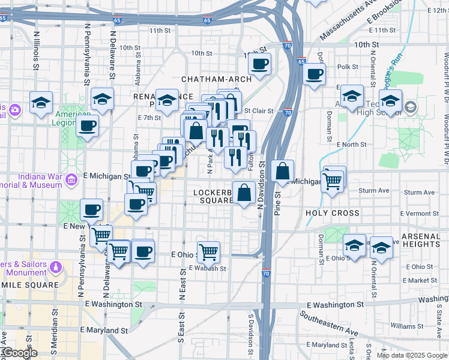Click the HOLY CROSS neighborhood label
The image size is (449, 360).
tap(333, 213)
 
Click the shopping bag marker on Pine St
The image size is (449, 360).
tap(282, 172)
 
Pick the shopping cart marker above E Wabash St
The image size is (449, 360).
tap(208, 252)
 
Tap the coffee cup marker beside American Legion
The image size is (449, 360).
tap(88, 126)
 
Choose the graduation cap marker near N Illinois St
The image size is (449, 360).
tap(41, 103)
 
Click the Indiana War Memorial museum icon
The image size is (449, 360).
tap(71, 180)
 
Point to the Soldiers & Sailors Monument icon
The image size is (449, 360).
tap(56, 266)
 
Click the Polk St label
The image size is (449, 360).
tap(348, 67)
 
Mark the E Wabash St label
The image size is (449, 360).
tap(207, 269)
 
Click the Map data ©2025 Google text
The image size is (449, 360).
tap(411, 355)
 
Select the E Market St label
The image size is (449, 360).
tap(421, 280)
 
